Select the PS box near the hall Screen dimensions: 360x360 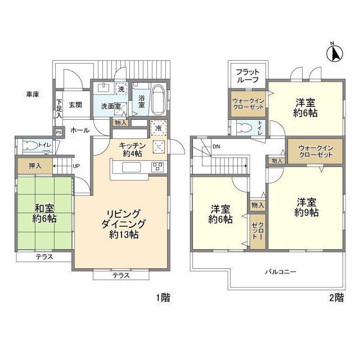pyautogui.click(x=58, y=133)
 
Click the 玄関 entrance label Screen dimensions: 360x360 pyautogui.click(x=75, y=105)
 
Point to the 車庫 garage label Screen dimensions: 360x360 pyautogui.click(x=33, y=94)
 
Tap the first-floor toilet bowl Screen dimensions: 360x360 pyautogui.click(x=31, y=145)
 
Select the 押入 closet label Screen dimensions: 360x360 pyautogui.click(x=35, y=166)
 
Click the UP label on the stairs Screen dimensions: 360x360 pyautogui.click(x=76, y=166)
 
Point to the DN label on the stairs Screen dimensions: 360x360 pyautogui.click(x=216, y=146)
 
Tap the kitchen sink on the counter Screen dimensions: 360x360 pyautogui.click(x=131, y=167)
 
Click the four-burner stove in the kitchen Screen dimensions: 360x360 pyautogui.click(x=157, y=167)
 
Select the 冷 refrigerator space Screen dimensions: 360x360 pyautogui.click(x=159, y=128)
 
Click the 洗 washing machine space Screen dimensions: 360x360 pyautogui.click(x=121, y=88)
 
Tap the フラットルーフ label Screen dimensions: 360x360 pyautogui.click(x=247, y=76)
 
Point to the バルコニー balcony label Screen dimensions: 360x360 pyautogui.click(x=281, y=272)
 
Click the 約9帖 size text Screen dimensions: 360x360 pyautogui.click(x=307, y=213)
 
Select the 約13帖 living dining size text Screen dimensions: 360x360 pyautogui.click(x=124, y=235)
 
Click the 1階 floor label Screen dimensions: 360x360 pyautogui.click(x=163, y=298)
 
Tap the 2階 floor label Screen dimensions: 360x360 pyautogui.click(x=337, y=298)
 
